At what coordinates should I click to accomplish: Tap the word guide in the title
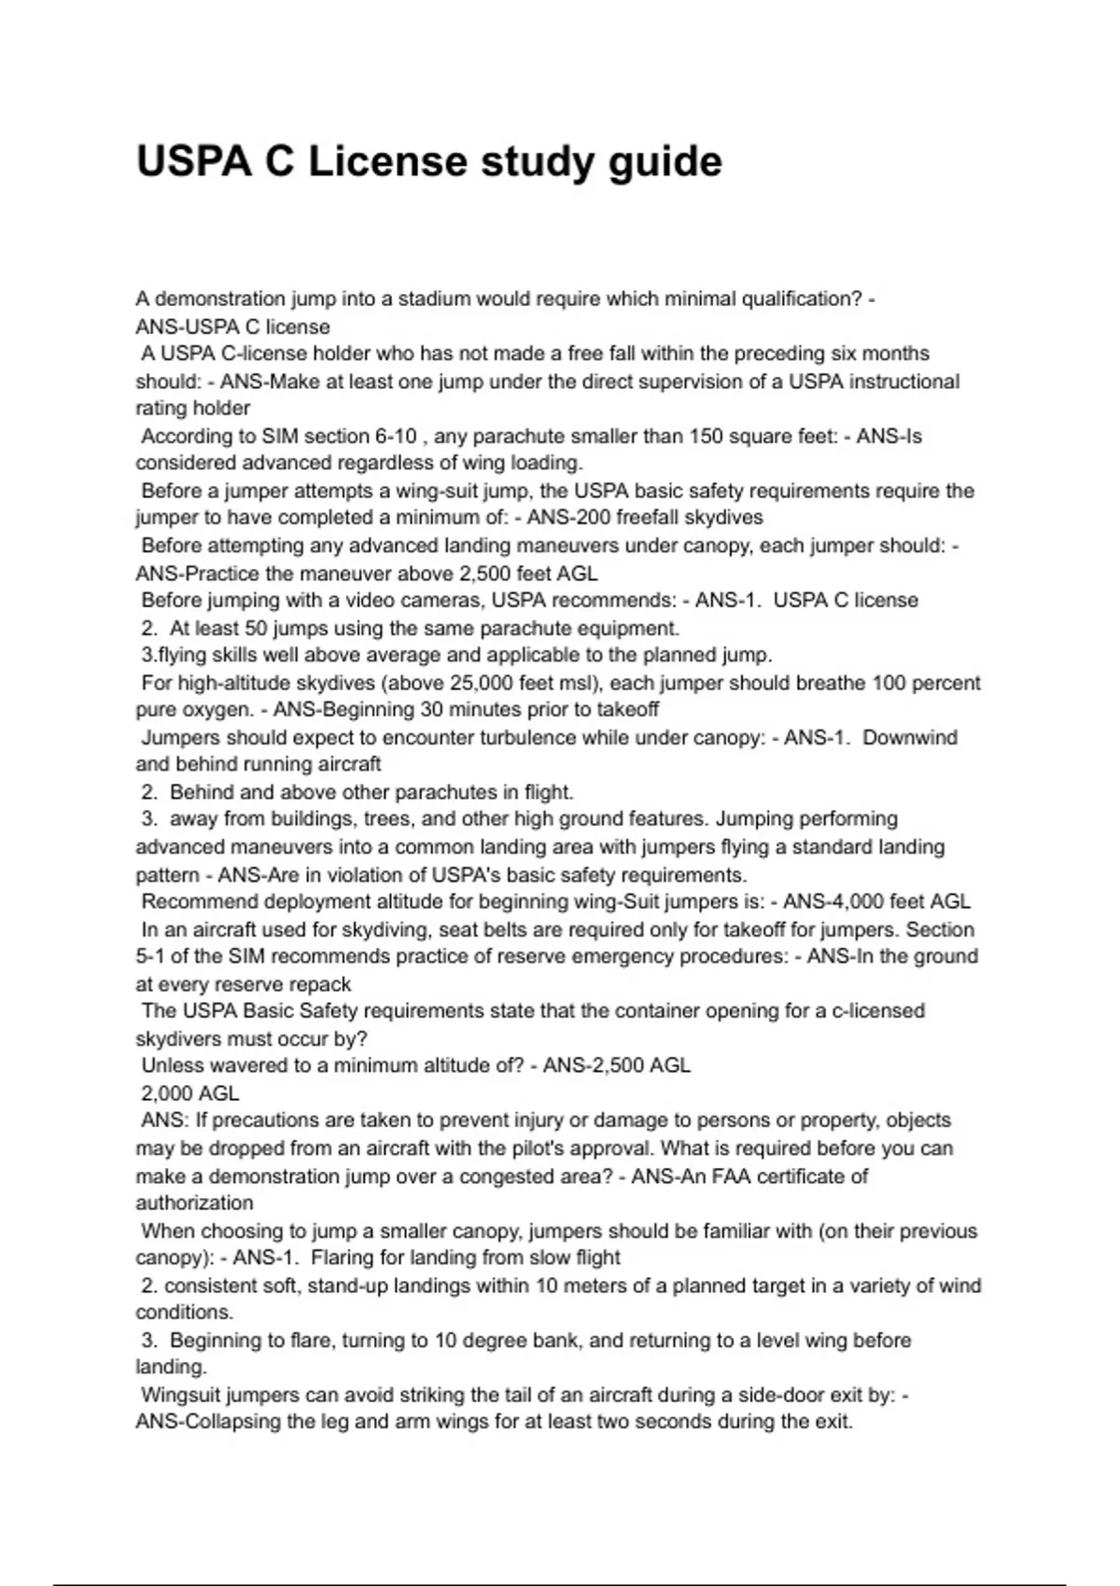pyautogui.click(x=665, y=161)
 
